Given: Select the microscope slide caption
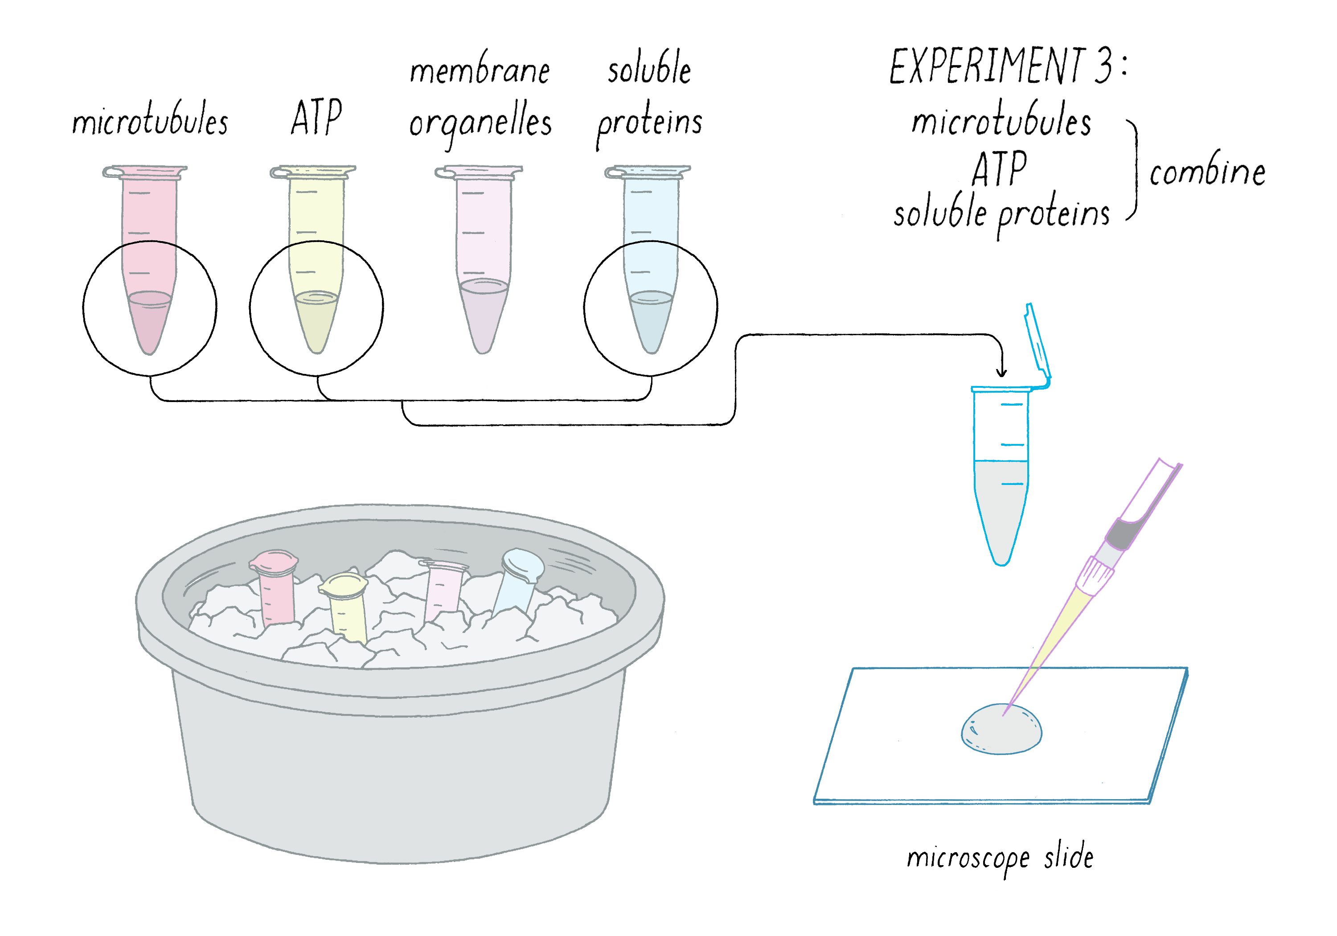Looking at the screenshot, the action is (1000, 858).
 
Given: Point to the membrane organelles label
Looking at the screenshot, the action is (480, 99).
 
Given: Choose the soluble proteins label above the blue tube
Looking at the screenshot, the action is (649, 99).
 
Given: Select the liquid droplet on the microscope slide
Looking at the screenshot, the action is (1001, 729).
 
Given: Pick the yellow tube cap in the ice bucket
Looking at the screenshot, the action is (344, 585).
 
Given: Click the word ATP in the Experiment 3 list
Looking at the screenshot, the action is (999, 169).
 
